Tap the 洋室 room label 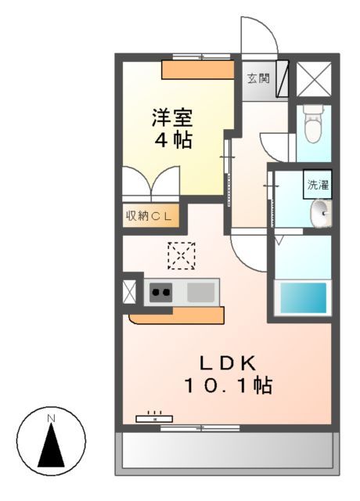(172, 120)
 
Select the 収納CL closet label (151, 215)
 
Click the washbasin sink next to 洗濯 (320, 211)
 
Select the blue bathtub (303, 297)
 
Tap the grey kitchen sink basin (201, 293)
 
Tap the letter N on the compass (51, 418)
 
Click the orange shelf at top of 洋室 (197, 70)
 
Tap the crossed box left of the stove (129, 291)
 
